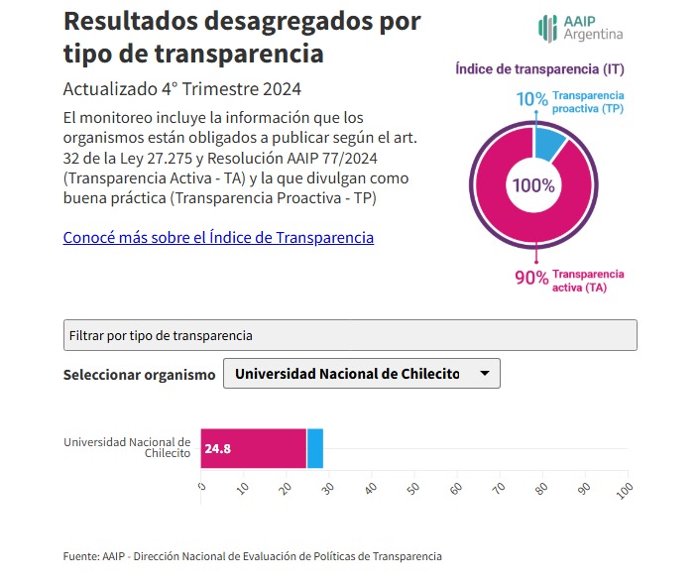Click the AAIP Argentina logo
pyautogui.click(x=580, y=28)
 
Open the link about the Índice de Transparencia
pyautogui.click(x=218, y=237)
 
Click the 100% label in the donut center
pyautogui.click(x=533, y=185)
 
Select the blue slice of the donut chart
pyautogui.click(x=548, y=144)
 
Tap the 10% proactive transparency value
pyautogui.click(x=531, y=99)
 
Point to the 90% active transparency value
pyautogui.click(x=531, y=278)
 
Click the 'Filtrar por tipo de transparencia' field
pyautogui.click(x=350, y=335)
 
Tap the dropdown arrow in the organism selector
pyautogui.click(x=485, y=373)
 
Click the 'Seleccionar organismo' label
pyautogui.click(x=139, y=375)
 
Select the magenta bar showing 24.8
pyautogui.click(x=254, y=448)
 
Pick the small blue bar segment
pyautogui.click(x=315, y=448)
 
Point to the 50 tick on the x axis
pyautogui.click(x=413, y=488)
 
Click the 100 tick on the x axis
pyautogui.click(x=625, y=491)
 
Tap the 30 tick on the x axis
pyautogui.click(x=328, y=488)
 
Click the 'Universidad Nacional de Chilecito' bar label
pyautogui.click(x=127, y=448)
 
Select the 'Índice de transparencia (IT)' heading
pyautogui.click(x=539, y=69)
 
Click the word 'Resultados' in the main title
pyautogui.click(x=130, y=21)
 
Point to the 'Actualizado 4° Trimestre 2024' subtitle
pyautogui.click(x=182, y=89)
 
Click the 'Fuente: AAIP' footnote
pyautogui.click(x=252, y=556)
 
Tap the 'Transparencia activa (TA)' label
pyautogui.click(x=588, y=281)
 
